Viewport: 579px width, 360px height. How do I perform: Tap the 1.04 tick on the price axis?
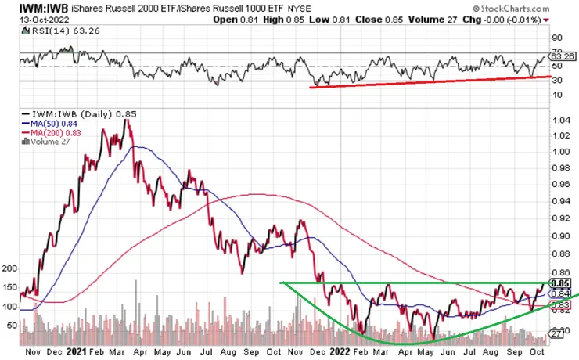559,120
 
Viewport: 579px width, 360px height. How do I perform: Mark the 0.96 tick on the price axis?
559,185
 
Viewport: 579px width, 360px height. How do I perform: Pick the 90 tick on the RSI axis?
556,37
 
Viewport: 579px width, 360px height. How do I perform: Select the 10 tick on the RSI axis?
556,95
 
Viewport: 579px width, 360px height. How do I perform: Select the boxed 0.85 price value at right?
559,283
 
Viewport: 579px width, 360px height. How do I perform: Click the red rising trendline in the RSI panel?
430,81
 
